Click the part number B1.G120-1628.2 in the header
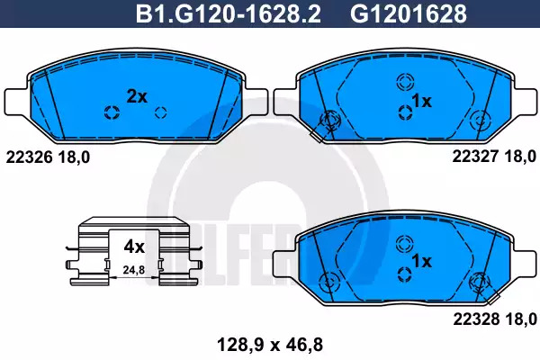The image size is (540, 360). coord(229,13)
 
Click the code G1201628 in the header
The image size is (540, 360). coord(409,13)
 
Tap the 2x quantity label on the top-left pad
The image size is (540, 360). coord(137,96)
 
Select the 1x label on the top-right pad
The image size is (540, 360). coord(421,101)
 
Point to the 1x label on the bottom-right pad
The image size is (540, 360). coord(421,261)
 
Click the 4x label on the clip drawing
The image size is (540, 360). coord(134,247)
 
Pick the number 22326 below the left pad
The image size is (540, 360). coord(30,157)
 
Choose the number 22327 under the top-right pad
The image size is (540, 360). coord(475,157)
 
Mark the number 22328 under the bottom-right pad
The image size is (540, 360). coord(476,319)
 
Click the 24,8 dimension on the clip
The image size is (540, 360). coord(134,270)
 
